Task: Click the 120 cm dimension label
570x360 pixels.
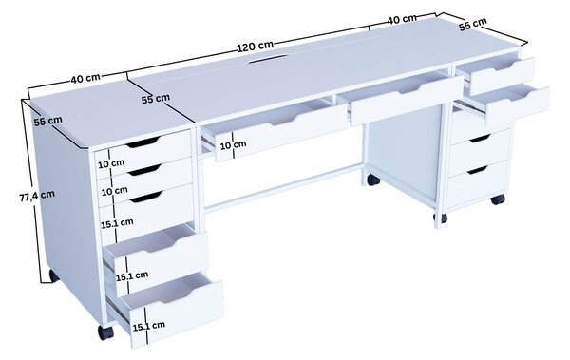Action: [256, 47]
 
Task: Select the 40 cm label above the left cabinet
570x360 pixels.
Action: [85, 78]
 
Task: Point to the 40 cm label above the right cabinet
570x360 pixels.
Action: [401, 19]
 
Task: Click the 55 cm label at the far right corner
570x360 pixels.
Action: [472, 25]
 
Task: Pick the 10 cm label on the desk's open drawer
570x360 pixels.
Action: [234, 145]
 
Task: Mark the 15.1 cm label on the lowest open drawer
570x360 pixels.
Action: [149, 326]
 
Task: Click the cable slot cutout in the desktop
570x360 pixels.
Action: [267, 59]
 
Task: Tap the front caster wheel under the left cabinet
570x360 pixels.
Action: [105, 332]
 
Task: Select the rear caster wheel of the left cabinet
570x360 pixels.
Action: [54, 276]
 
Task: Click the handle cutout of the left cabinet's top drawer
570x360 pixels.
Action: [142, 142]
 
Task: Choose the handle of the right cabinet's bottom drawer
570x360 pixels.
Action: [477, 170]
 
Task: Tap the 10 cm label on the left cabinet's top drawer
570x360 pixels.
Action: [111, 163]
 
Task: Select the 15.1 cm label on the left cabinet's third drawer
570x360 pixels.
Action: [117, 223]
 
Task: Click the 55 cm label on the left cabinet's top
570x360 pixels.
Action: [48, 121]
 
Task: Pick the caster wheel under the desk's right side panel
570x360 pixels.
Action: [373, 180]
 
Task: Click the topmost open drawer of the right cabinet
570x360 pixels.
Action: [501, 73]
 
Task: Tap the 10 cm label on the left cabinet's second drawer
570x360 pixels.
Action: [115, 191]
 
